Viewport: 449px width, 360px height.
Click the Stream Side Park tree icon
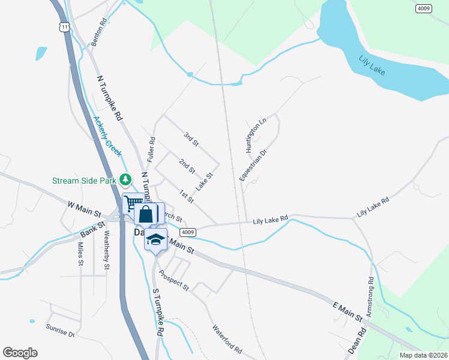coord(125,179)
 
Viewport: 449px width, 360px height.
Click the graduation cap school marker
coord(155,239)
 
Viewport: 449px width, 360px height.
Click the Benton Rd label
coord(99,32)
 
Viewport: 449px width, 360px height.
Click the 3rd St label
coord(191,139)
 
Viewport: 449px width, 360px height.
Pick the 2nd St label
coord(187,166)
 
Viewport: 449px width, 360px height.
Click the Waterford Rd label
coord(226,339)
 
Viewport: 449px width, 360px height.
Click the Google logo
coord(20,352)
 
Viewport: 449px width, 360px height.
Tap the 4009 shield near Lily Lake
coord(424,9)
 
